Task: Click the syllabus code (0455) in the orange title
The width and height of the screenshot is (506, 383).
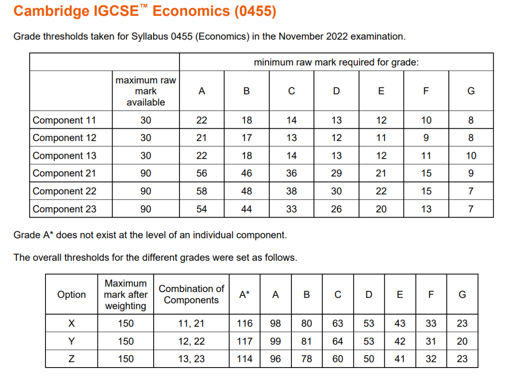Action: (x=255, y=11)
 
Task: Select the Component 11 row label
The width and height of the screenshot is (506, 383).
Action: (x=64, y=120)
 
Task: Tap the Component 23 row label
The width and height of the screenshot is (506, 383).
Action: (x=64, y=209)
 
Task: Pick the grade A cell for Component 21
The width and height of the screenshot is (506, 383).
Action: (x=201, y=173)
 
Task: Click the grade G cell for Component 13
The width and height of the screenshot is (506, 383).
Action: (x=471, y=155)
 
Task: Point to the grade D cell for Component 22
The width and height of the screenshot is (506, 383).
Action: (x=336, y=191)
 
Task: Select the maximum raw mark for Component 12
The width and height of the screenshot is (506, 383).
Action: (x=146, y=138)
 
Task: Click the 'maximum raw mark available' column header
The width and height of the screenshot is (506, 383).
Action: (x=146, y=91)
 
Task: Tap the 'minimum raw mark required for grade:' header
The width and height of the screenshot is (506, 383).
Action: (x=336, y=62)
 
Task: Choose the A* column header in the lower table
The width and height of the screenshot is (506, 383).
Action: (x=245, y=295)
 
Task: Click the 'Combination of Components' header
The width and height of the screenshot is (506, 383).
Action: (x=191, y=295)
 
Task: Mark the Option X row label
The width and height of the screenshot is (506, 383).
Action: (x=71, y=324)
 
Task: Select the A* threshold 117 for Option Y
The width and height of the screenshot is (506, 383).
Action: (x=245, y=341)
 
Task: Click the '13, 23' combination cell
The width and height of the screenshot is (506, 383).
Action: (x=191, y=359)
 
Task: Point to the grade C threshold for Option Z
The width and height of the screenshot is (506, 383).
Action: (x=337, y=359)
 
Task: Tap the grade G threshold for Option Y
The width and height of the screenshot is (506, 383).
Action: (x=462, y=341)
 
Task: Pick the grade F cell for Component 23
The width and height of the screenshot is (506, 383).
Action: (x=426, y=209)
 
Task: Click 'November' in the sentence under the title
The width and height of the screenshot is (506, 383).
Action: (x=297, y=37)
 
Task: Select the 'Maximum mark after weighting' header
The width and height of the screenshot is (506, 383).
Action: (x=126, y=295)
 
